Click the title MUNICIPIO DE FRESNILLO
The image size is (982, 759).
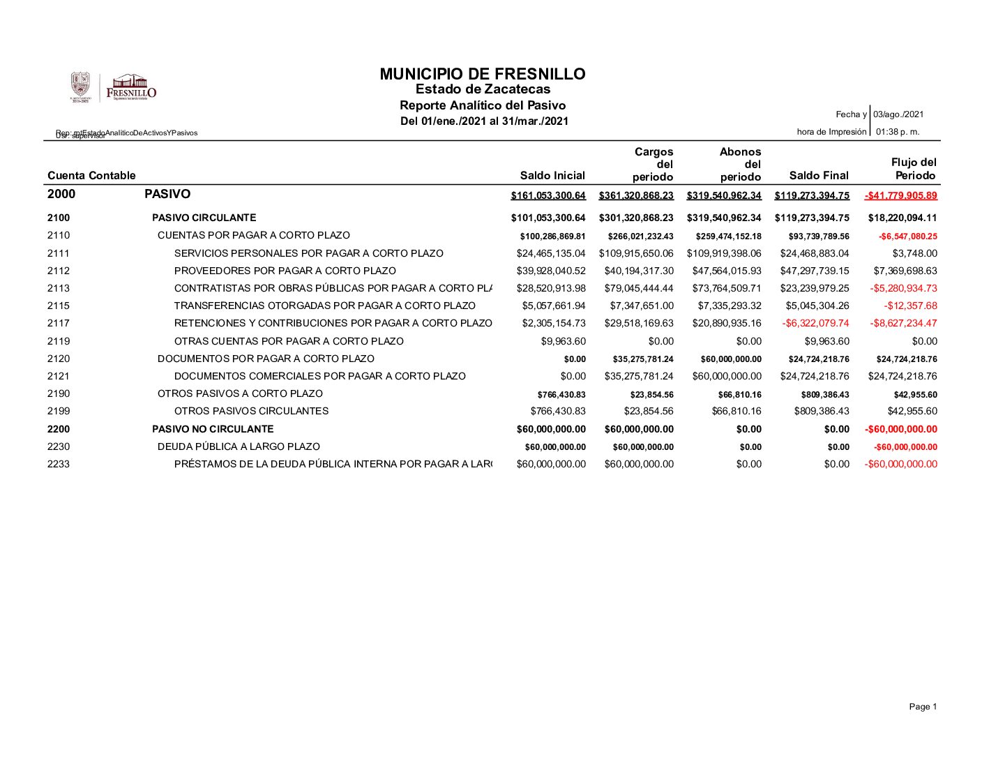483,74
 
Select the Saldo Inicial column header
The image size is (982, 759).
552,175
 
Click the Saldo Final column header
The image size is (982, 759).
819,175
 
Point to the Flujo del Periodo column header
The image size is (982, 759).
914,169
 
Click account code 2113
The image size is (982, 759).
59,288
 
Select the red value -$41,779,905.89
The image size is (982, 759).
900,195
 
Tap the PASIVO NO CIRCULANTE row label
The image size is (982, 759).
213,429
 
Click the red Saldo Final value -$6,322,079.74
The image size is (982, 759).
815,323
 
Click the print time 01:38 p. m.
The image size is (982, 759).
898,131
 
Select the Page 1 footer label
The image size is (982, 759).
923,707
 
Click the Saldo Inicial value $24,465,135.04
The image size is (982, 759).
551,253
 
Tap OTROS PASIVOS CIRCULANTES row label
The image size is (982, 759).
251,411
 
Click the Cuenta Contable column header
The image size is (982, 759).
91,175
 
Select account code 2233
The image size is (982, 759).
59,464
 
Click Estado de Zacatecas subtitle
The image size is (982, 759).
483,89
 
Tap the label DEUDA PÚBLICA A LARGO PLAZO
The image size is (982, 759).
239,446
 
